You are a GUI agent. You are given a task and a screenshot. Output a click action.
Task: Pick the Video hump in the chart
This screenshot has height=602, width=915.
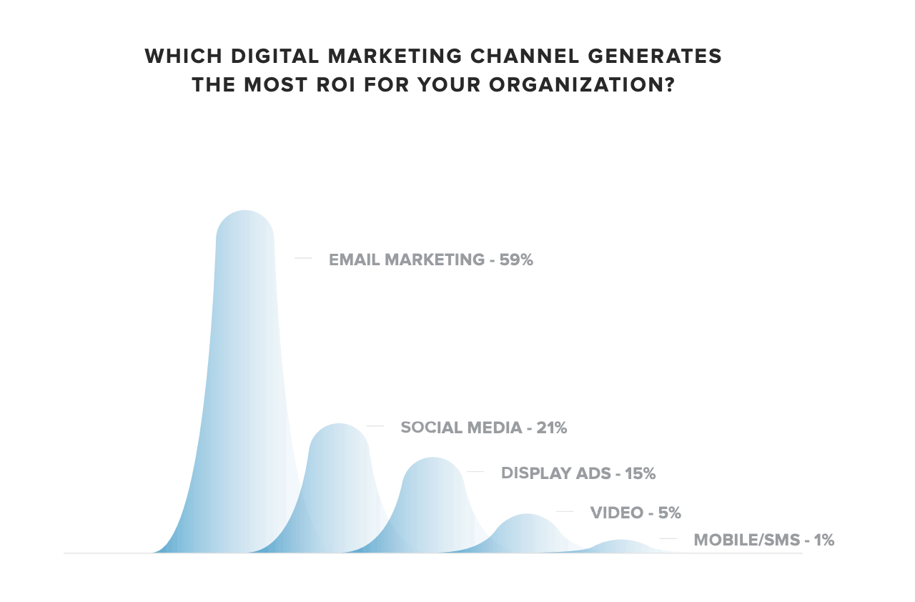click(527, 533)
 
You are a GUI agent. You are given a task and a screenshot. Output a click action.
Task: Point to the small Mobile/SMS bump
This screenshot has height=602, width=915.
click(620, 546)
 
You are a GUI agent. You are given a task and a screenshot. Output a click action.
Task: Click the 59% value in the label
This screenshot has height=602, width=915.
click(516, 260)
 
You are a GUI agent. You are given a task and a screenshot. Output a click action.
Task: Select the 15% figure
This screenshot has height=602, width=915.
click(640, 473)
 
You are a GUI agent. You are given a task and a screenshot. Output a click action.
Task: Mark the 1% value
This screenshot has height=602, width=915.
click(823, 540)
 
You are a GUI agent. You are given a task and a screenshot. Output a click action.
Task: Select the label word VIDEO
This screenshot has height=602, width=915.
click(616, 513)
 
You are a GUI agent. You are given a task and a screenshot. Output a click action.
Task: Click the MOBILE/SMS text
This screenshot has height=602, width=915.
click(746, 540)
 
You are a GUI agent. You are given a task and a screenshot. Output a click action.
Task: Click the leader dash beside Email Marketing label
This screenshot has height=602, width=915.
click(303, 258)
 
